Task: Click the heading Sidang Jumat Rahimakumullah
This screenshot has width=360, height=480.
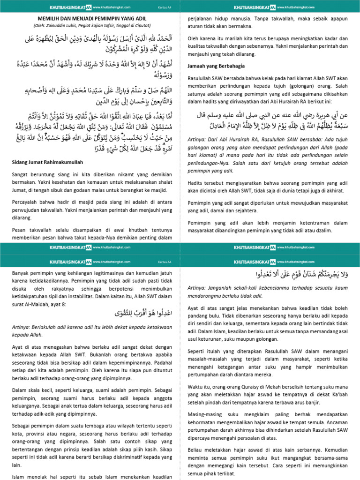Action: click(47, 162)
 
